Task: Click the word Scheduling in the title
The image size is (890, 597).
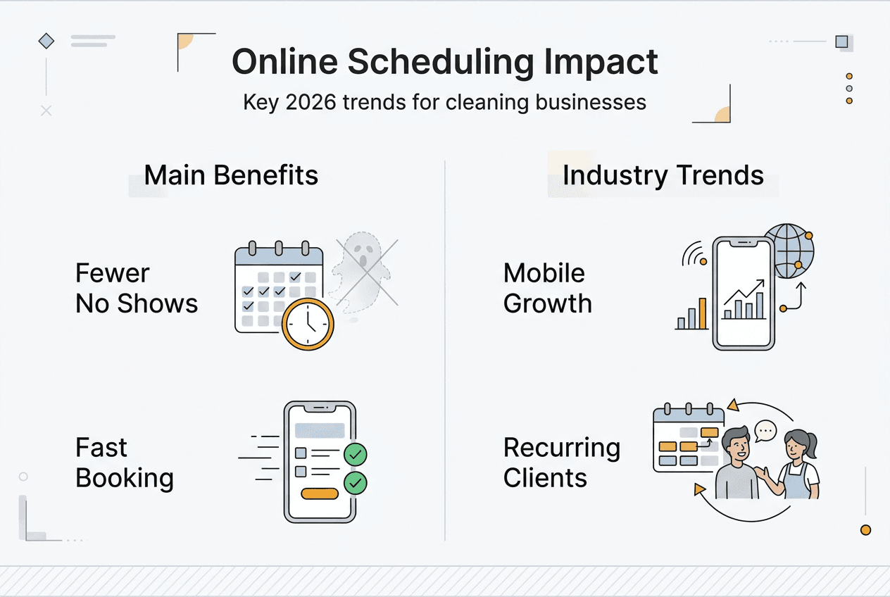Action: [441, 63]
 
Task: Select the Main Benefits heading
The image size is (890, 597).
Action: [231, 175]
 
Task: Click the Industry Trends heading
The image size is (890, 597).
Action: [663, 175]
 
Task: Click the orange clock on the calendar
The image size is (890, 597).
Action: [308, 324]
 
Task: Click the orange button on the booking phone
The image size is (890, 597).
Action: [320, 494]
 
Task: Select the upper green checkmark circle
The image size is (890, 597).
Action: [355, 454]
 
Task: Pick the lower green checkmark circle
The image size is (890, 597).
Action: [355, 483]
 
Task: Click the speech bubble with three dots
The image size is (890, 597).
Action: [765, 431]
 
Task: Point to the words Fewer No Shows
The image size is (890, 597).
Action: [137, 289]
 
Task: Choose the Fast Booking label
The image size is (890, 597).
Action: [125, 463]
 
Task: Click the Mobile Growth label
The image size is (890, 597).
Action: [548, 289]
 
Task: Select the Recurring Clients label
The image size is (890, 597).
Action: [561, 463]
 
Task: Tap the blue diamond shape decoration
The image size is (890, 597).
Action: [46, 41]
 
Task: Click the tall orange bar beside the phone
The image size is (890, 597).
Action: [703, 313]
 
